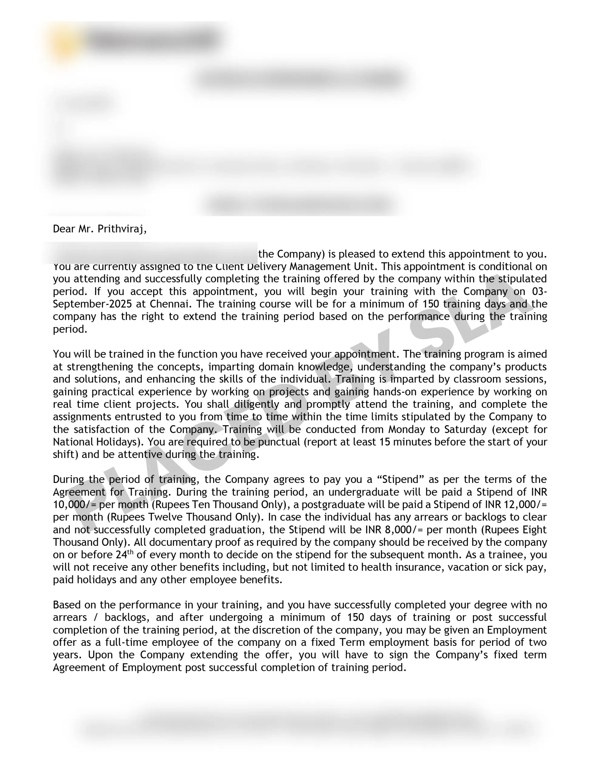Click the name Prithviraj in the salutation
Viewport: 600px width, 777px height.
[122, 229]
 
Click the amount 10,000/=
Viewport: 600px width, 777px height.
[75, 504]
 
